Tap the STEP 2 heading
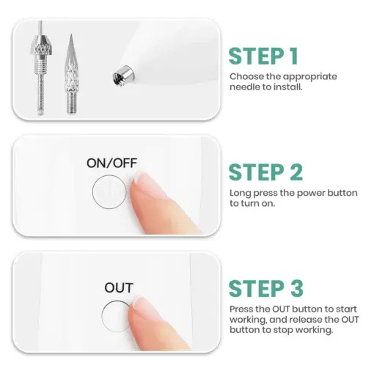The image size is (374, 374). [x=265, y=172]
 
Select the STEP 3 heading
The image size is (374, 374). [x=265, y=288]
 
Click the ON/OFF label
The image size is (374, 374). [x=111, y=163]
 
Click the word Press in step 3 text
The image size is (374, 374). [x=242, y=309]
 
